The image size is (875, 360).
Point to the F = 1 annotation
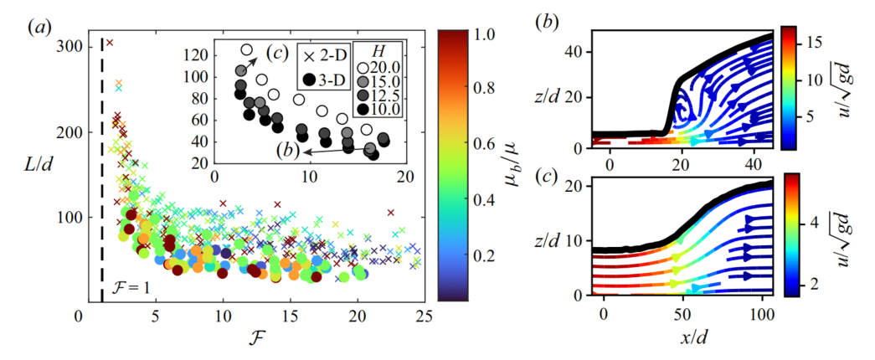pos(129,291)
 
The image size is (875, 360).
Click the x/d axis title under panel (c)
pos(682,338)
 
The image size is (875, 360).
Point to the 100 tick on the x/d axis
pos(760,312)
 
